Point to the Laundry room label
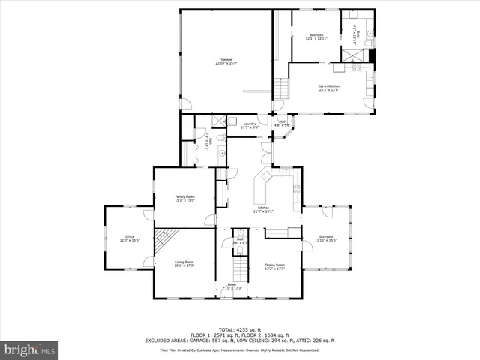click(249, 125)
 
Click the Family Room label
click(184, 198)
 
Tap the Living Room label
click(184, 263)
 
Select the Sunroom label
click(326, 238)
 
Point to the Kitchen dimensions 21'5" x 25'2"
click(263, 211)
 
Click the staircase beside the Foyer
click(239, 266)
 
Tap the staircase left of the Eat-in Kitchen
click(280, 90)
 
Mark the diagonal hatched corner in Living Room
click(164, 240)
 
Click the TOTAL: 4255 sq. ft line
click(239, 329)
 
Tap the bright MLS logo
click(30, 349)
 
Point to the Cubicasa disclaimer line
click(239, 349)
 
